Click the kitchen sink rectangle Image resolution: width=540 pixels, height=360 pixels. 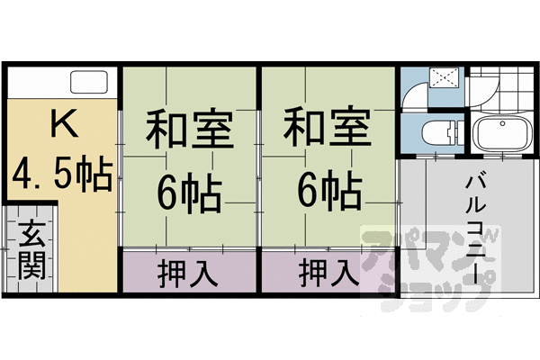coord(88,85)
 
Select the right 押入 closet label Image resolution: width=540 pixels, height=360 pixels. coord(327,272)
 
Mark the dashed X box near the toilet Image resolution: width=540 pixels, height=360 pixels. coord(443,77)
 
